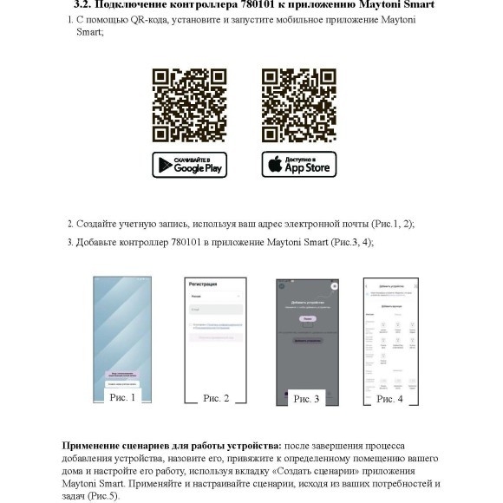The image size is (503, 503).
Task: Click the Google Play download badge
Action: pos(189,165)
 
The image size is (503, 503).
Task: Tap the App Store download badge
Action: pos(299,165)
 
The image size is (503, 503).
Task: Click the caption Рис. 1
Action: pos(122,397)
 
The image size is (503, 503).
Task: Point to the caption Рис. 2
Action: pos(216,398)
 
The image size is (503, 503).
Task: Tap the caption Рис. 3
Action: pos(306,399)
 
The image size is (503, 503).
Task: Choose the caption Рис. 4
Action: pos(389,398)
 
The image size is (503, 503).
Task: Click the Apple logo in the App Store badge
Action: pos(274,165)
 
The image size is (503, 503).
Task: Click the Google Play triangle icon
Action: pos(164,165)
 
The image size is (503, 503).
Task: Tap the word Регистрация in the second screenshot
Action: pos(203,284)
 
